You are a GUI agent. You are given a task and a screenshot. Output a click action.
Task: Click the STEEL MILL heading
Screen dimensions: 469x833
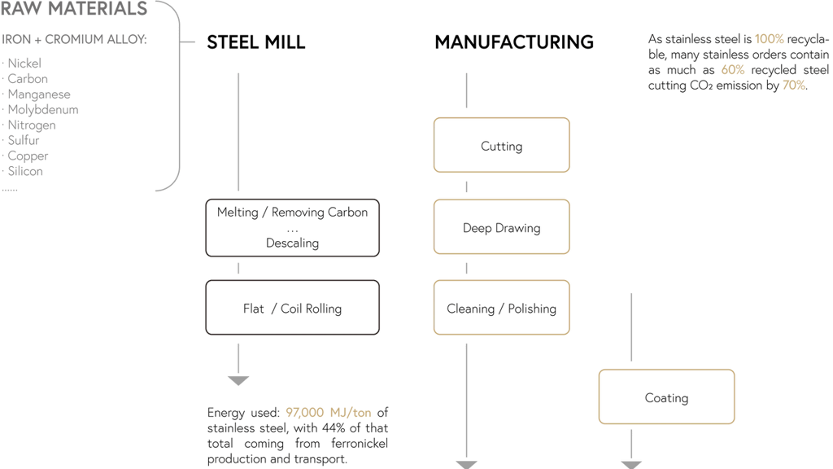256,42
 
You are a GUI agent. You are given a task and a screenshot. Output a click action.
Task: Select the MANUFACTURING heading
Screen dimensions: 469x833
514,42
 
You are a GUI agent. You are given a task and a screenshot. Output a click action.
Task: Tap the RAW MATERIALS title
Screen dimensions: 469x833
74,11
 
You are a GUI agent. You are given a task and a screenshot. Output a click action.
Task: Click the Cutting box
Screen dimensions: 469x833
501,146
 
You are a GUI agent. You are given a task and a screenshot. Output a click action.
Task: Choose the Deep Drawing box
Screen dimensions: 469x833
501,228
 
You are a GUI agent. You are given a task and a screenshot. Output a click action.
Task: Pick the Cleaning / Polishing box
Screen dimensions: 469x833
501,309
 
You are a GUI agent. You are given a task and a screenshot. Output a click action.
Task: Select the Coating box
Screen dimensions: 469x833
667,397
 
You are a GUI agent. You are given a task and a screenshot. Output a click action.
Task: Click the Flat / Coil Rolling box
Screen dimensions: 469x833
292,309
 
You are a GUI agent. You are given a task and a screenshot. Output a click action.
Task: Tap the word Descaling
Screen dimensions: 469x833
292,243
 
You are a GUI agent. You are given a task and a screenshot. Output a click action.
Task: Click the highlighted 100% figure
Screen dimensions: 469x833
770,39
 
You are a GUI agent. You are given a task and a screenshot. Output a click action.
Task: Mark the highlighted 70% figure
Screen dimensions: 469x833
794,85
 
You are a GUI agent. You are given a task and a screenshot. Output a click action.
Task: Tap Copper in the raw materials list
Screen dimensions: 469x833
26,156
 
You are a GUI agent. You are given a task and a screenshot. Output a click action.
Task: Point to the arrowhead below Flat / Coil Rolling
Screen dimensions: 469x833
238,379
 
